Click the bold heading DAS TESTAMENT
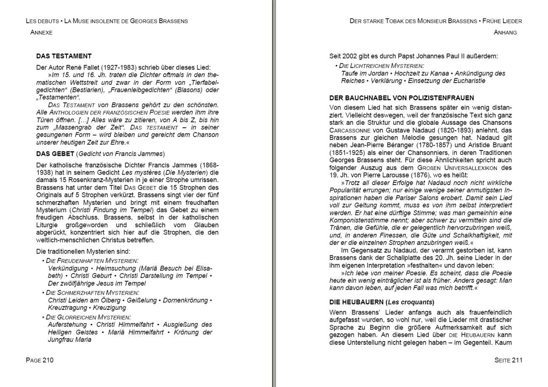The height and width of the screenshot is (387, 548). tap(64, 56)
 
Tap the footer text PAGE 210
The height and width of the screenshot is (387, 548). tap(40, 360)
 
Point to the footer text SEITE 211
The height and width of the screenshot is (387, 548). tap(508, 360)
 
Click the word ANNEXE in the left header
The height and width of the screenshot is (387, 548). tap(41, 32)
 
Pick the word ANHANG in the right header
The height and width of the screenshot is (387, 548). tap(505, 32)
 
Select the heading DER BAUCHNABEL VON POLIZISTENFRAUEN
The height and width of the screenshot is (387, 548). tap(401, 98)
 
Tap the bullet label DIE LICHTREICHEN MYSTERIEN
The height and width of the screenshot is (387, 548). tap(381, 66)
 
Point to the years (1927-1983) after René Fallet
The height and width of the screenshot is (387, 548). tap(121, 67)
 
